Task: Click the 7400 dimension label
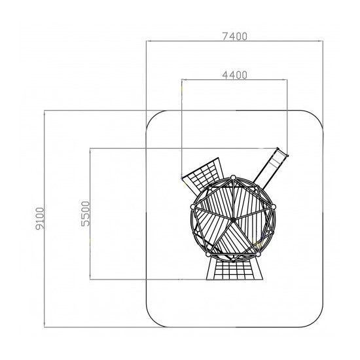(234, 37)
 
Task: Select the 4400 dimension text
(234, 75)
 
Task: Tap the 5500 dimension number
(85, 214)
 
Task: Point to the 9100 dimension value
(40, 219)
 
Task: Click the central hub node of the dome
(233, 220)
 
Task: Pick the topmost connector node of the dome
(233, 177)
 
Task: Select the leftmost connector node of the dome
(192, 207)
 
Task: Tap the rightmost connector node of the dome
(274, 207)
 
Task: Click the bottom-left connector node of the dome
(207, 255)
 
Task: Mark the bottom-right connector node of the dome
(258, 255)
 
